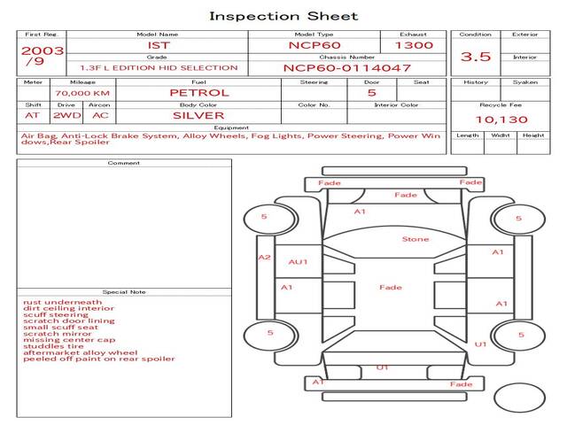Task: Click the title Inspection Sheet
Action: click(x=283, y=16)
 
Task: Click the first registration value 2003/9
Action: click(x=42, y=55)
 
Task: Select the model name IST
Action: click(x=159, y=45)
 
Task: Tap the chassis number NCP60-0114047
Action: click(x=346, y=68)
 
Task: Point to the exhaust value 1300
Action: click(x=414, y=45)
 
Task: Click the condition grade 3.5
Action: click(x=476, y=57)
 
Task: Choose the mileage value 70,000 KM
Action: click(x=82, y=93)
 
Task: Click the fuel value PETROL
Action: click(x=199, y=93)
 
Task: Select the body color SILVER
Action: click(x=198, y=116)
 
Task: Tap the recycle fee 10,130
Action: click(x=501, y=120)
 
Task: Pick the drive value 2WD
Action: click(x=67, y=116)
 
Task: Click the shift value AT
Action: click(x=32, y=116)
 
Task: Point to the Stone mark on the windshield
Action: click(x=416, y=239)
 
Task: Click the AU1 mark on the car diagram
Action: click(x=298, y=262)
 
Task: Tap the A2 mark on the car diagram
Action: click(x=264, y=258)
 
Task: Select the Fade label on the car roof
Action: click(x=391, y=287)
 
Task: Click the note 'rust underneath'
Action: click(x=63, y=302)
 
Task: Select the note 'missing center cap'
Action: click(x=69, y=340)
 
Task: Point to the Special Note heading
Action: click(x=124, y=292)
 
